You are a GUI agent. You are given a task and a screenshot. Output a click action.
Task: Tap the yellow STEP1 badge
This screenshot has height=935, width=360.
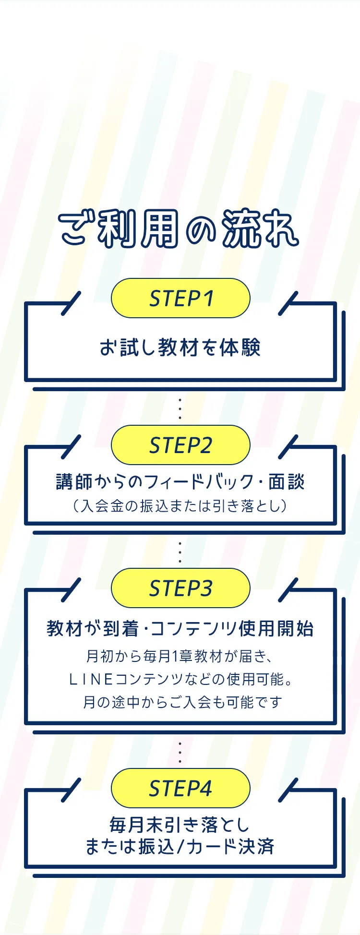(x=180, y=299)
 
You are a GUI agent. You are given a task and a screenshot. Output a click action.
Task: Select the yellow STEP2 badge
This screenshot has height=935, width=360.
(x=180, y=445)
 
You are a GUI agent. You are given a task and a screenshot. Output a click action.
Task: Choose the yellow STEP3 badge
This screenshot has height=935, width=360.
(x=180, y=588)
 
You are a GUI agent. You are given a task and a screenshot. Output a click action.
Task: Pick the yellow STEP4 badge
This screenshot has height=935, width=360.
(x=180, y=789)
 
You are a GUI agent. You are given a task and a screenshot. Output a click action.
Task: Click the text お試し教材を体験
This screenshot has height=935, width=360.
(x=180, y=348)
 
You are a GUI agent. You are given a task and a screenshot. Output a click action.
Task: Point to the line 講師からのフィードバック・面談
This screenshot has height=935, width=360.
(x=180, y=481)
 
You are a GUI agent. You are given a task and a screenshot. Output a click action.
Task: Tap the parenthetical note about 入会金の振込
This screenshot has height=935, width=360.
(x=180, y=506)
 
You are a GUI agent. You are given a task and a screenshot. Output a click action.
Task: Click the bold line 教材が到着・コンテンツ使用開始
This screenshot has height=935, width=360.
(x=180, y=628)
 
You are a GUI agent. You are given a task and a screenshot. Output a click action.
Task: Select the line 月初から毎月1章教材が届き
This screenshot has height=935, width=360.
(x=180, y=656)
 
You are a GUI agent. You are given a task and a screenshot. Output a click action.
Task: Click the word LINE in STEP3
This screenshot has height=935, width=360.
(x=91, y=679)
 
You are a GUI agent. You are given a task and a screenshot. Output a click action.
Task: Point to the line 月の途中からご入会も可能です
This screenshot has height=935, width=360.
(x=182, y=702)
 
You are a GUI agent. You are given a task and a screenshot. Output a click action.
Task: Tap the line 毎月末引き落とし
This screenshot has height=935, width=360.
(x=180, y=825)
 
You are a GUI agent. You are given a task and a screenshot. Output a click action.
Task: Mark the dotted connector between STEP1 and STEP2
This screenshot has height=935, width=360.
(x=180, y=408)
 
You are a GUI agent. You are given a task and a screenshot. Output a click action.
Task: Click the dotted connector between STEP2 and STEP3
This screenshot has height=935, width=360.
(x=180, y=552)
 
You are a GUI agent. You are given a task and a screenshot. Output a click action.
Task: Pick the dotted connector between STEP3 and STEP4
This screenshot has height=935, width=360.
(x=180, y=752)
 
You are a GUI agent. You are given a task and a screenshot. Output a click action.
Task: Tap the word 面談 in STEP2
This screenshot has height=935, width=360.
(x=287, y=481)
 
